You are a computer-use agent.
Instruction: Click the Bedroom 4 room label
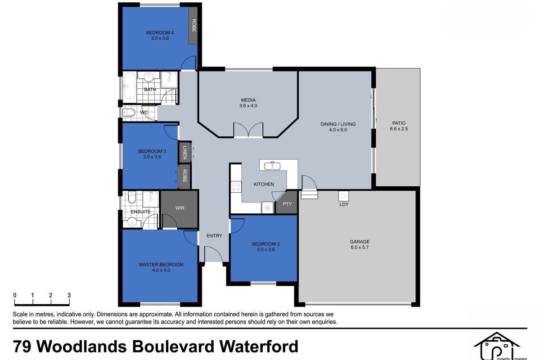click(160, 32)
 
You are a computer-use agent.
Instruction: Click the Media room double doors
click(248, 130)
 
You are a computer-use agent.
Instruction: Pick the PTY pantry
click(288, 204)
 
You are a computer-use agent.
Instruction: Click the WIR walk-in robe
click(180, 208)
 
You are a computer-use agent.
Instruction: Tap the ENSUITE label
click(141, 211)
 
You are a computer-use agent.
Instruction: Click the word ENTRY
click(214, 236)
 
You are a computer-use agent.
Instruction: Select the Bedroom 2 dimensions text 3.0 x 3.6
click(265, 249)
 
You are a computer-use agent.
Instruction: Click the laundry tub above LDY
click(344, 196)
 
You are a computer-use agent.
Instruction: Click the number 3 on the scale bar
click(69, 295)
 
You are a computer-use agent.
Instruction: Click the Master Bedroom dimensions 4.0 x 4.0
click(161, 270)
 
